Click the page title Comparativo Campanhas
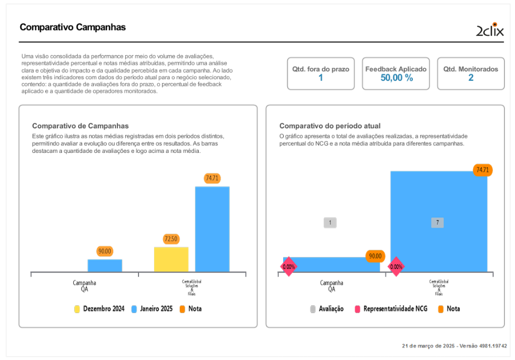73,27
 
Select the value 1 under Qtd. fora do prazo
321,78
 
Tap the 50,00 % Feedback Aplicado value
397,78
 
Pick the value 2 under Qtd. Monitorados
471,78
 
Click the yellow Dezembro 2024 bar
171,260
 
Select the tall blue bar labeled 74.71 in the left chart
212,229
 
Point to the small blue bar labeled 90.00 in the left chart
104,266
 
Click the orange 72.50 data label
171,239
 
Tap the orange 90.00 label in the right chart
375,256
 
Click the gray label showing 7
437,223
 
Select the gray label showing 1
330,223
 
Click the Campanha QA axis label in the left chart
84,286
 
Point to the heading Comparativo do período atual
330,126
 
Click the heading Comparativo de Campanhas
80,126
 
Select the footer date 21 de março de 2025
428,346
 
